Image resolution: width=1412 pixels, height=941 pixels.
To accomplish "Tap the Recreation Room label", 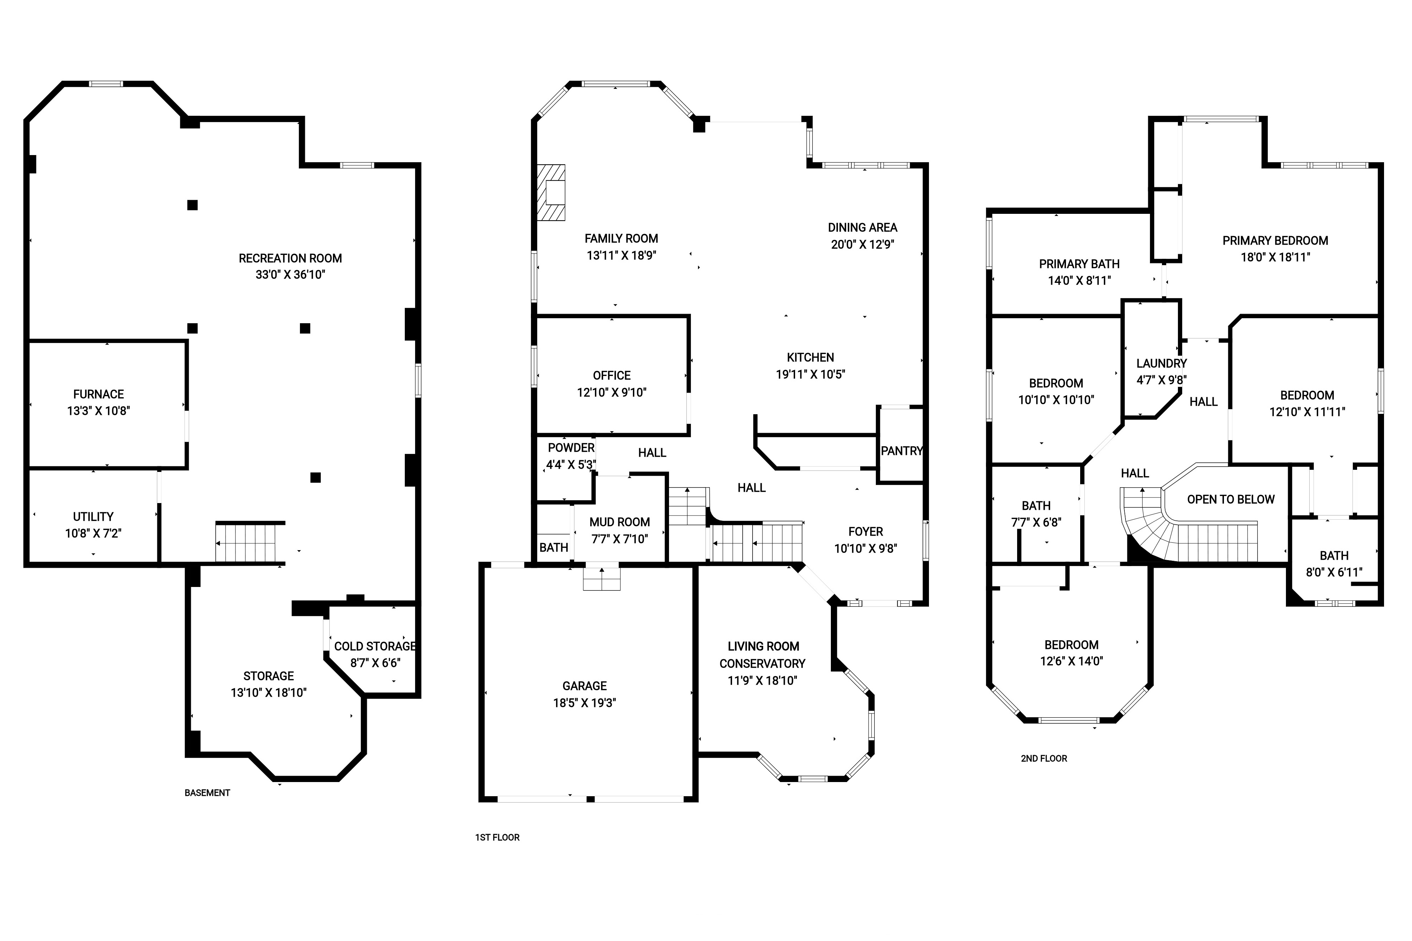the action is coord(290,259).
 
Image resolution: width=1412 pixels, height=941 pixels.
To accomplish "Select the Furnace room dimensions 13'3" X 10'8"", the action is coord(98,411).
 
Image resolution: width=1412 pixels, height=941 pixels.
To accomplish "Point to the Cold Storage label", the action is coord(375,646).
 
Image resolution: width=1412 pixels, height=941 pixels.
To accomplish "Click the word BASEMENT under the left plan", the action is coord(207,793).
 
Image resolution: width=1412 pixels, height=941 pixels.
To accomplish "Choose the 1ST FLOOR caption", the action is coord(497,837).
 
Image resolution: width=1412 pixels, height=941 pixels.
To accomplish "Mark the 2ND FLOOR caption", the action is coord(1044,759).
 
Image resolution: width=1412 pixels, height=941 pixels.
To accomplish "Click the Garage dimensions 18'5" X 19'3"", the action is coord(585,703).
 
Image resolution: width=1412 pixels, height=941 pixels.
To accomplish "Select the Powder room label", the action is coord(571,448).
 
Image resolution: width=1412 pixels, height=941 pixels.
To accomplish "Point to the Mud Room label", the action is coord(619,522).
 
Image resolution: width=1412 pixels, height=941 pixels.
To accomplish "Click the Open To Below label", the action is coord(1231,499).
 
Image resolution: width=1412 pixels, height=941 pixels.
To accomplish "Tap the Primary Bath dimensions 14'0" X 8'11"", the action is coord(1079,280).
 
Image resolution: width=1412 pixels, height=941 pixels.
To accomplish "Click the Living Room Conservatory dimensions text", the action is coord(762,680).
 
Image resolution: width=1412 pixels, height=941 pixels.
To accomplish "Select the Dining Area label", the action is coord(863,227).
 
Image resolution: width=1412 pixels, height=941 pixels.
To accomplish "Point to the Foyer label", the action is coord(866,532).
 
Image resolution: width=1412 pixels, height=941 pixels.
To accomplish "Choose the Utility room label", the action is coord(93,517).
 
